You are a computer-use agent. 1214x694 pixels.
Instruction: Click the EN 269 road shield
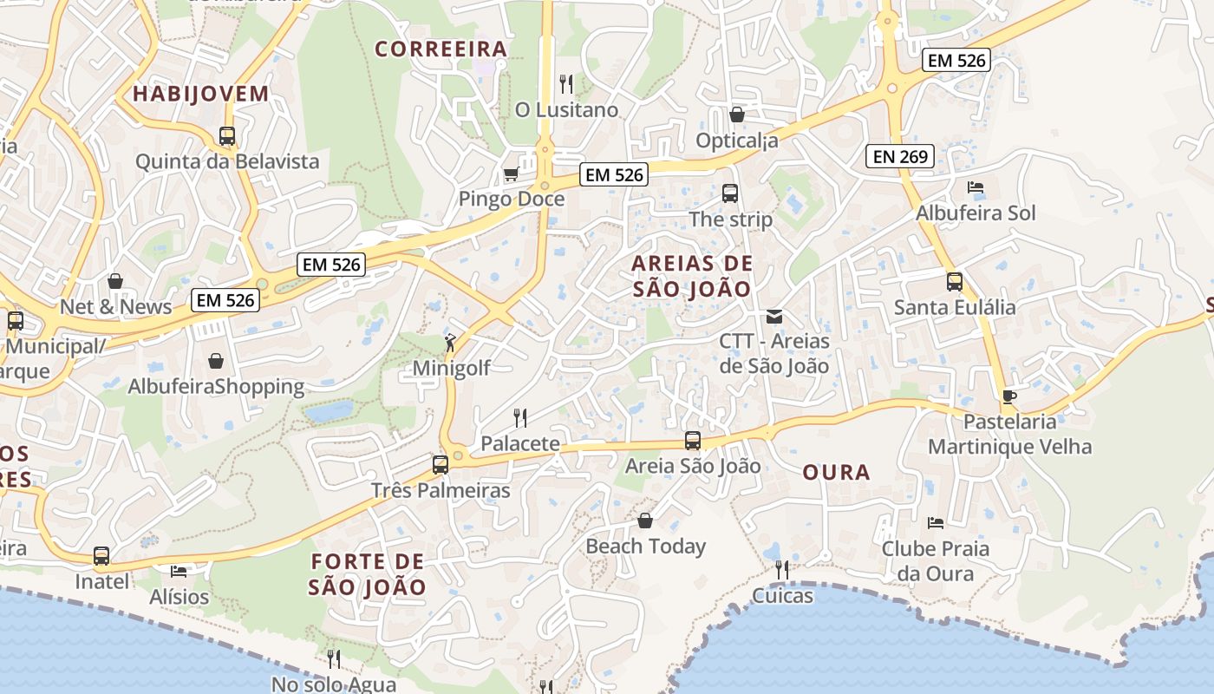899,157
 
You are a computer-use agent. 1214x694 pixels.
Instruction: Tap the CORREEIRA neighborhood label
441,49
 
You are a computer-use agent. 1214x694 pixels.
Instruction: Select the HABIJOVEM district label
200,94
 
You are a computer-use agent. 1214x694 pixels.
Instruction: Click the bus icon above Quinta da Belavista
227,136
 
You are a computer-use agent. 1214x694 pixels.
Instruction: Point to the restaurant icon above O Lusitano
566,84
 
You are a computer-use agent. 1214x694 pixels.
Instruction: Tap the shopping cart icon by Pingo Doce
511,174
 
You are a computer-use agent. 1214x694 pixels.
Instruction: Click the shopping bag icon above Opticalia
737,115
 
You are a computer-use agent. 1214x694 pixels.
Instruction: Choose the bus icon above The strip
730,193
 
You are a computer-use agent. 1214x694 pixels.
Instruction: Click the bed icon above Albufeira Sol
976,187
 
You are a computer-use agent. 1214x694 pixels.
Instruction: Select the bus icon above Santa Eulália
955,282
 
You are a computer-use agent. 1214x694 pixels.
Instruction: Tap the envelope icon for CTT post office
774,317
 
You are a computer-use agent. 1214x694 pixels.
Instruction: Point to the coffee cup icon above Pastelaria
1009,396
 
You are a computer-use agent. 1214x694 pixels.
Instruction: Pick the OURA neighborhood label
836,472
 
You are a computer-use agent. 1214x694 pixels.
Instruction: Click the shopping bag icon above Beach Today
645,520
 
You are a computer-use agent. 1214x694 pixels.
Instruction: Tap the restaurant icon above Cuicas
782,570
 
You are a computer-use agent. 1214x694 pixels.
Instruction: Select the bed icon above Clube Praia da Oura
936,523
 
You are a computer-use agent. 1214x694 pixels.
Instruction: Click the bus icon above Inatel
101,556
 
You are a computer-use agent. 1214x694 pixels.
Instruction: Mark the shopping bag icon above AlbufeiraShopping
216,361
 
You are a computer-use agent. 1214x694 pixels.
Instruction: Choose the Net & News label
115,307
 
